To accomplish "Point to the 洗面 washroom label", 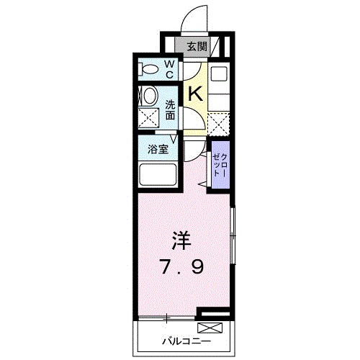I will pos(171,109).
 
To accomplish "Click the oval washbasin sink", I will pos(149,96).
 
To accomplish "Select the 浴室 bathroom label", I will pos(158,150).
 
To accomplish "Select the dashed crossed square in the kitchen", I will pos(220,123).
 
